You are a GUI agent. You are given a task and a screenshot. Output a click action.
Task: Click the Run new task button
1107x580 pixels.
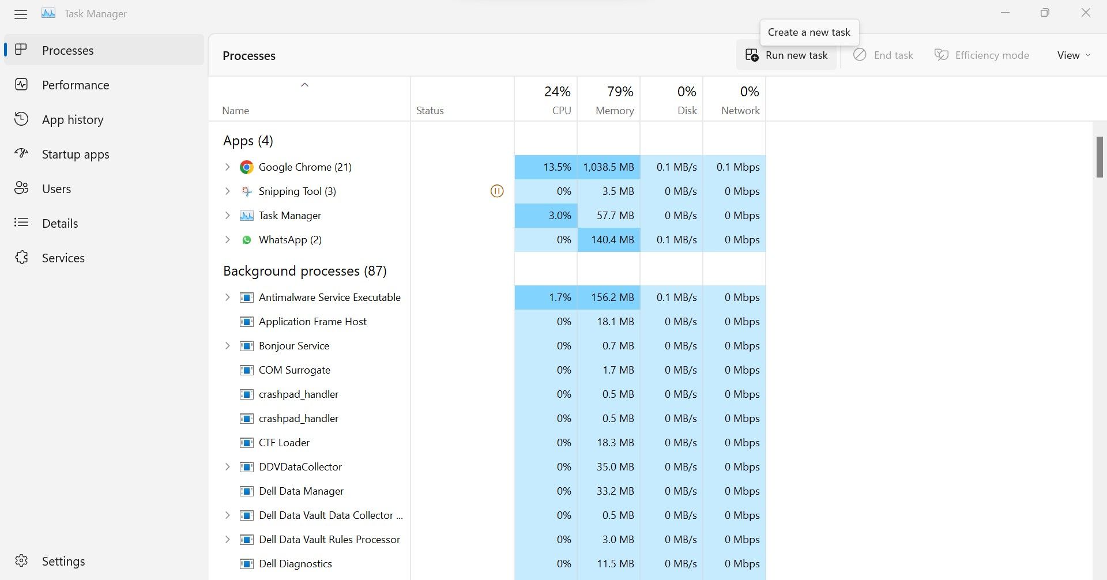coord(787,55)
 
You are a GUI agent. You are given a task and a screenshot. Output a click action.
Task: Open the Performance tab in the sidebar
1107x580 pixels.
coord(75,85)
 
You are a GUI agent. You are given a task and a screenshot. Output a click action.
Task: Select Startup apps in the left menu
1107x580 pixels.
coord(75,155)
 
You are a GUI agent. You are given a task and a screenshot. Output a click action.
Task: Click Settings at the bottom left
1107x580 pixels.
coord(63,561)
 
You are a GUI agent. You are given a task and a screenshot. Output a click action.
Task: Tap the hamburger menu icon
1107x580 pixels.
coord(21,14)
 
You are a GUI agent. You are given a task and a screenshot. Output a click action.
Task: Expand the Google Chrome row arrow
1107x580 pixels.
coord(227,167)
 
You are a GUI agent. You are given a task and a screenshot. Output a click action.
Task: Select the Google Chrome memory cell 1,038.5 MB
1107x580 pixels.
coord(608,167)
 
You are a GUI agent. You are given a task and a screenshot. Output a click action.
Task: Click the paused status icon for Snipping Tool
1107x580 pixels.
coord(497,191)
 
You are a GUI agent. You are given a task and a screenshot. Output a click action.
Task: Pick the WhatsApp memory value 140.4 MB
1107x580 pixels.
coord(612,240)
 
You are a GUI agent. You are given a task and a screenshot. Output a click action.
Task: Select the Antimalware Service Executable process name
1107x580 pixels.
coord(329,297)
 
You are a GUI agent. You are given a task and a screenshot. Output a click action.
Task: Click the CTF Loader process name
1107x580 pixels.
coord(284,443)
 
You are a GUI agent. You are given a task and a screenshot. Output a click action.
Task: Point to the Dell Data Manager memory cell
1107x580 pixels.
coord(615,491)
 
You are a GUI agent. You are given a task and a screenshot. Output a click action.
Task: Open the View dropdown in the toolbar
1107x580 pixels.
coord(1073,55)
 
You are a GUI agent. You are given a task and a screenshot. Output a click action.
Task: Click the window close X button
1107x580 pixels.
coord(1086,13)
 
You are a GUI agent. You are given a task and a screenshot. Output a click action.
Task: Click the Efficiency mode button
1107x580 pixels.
coord(982,55)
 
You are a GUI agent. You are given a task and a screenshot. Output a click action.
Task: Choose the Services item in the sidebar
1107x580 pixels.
coord(63,258)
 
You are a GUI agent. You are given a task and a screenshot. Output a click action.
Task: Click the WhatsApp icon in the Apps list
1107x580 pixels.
coord(247,240)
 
